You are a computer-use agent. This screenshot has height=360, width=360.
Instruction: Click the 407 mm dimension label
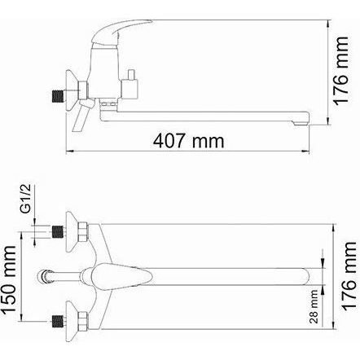pos(189,141)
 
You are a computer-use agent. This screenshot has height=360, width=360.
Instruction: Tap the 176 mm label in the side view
pos(340,71)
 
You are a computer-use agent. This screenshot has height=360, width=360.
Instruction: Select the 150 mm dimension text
pos(10,279)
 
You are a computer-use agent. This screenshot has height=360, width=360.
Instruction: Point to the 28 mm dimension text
pos(314,306)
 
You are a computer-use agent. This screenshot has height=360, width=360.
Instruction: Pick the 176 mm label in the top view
pos(349,275)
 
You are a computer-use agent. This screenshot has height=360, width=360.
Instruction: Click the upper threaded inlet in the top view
pos(57,232)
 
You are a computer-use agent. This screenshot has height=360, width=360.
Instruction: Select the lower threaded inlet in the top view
pos(57,322)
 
